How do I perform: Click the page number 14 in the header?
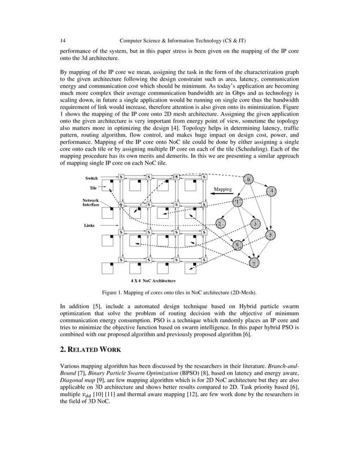pyautogui.click(x=63, y=41)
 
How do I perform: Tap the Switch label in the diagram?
pyautogui.click(x=91, y=178)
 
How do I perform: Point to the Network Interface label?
pyautogui.click(x=91, y=203)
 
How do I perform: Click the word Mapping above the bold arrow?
pyautogui.click(x=223, y=189)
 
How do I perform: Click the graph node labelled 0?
pyautogui.click(x=249, y=179)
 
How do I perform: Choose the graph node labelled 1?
pyautogui.click(x=238, y=201)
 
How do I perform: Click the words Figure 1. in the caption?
pyautogui.click(x=115, y=292)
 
